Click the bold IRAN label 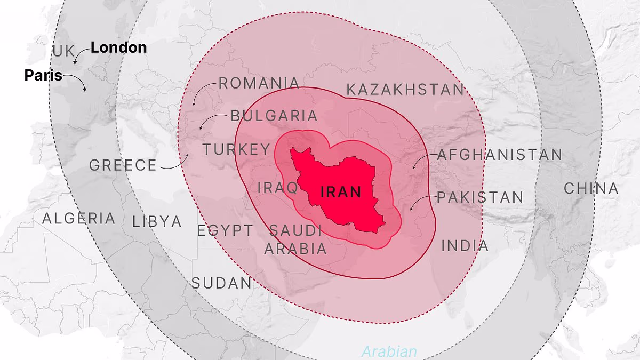341,192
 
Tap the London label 118,47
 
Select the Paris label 43,76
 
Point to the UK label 65,52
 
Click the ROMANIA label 259,83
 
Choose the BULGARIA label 274,116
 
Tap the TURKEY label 236,149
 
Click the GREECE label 123,165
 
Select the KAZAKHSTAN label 405,90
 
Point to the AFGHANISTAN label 500,155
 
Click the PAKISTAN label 480,197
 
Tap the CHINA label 591,188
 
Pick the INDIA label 465,246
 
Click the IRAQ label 277,188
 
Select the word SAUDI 295,231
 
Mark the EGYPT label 225,231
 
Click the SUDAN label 221,283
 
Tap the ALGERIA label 78,219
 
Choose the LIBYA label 157,222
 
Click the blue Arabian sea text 389,351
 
